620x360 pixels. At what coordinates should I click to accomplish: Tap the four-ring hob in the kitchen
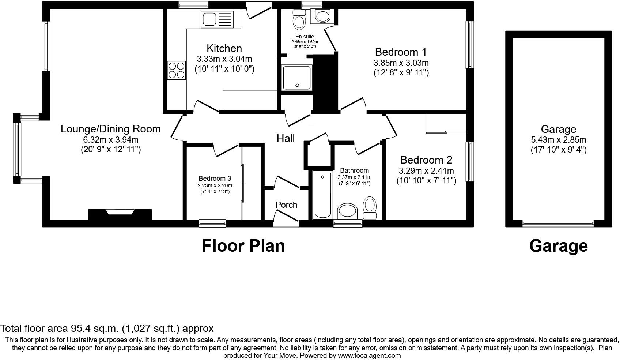point(176,70)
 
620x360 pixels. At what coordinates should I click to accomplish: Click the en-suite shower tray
point(297,78)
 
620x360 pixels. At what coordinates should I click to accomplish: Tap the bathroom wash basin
point(347,211)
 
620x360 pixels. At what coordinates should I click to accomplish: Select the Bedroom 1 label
point(401,52)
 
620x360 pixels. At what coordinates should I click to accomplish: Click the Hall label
point(286,138)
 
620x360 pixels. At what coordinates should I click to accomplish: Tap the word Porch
point(286,205)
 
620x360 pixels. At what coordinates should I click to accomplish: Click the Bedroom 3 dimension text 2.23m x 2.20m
point(215,185)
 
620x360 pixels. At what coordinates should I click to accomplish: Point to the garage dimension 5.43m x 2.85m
point(558,140)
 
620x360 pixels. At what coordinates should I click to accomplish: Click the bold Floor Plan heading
point(243,246)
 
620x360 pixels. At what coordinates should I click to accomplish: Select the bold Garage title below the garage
point(558,246)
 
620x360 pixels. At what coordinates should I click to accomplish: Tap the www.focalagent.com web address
point(369,355)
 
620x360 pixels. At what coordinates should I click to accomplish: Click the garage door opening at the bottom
point(558,224)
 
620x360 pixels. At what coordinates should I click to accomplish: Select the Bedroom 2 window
point(469,162)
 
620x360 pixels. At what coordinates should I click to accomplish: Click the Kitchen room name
point(224,48)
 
